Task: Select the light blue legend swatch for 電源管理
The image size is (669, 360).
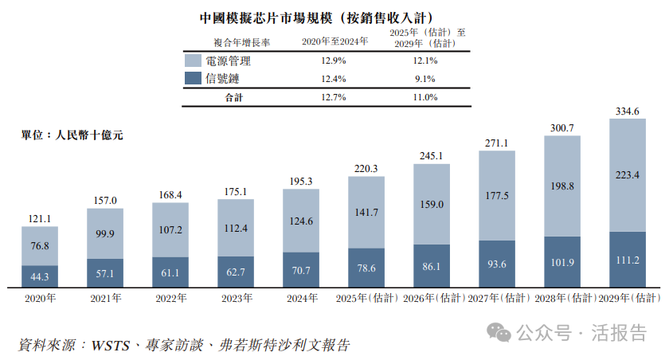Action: click(192, 61)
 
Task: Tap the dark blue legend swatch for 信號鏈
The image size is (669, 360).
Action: click(192, 78)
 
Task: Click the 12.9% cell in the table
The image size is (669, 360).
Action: click(334, 61)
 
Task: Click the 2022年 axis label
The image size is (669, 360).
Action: click(170, 298)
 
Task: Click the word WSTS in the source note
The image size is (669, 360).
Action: click(112, 345)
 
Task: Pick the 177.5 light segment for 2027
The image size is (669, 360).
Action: click(497, 195)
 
